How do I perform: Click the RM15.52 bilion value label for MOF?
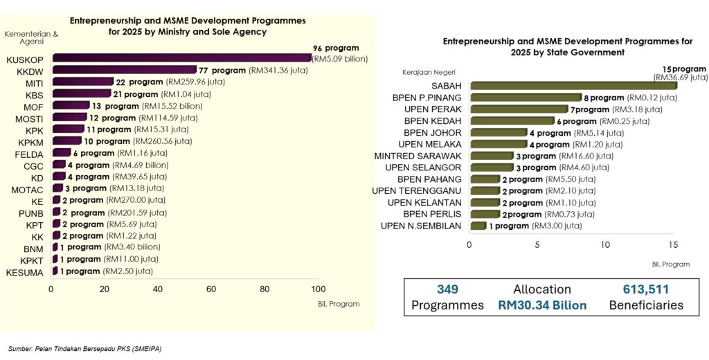click(172, 106)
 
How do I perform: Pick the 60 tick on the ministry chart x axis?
click(211, 289)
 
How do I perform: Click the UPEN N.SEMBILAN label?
click(421, 226)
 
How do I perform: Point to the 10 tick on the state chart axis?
click(606, 244)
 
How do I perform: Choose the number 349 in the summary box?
click(448, 289)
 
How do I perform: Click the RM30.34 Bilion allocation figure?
click(542, 305)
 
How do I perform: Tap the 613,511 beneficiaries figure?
click(645, 289)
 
